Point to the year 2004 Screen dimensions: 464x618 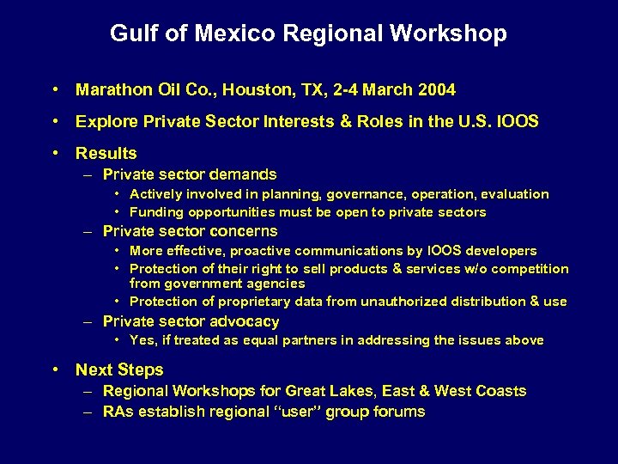437,90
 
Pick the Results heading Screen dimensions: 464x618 106,154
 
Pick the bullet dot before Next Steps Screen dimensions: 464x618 55,370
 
